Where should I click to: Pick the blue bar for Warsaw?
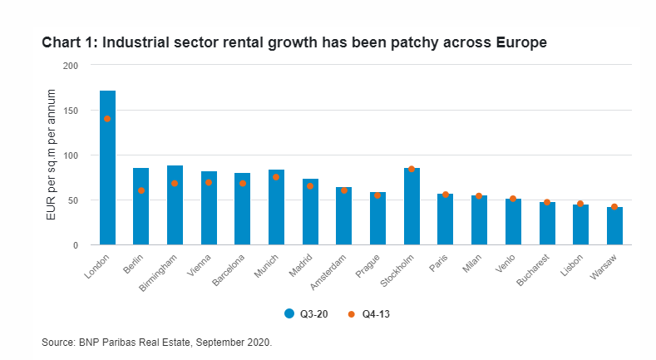tap(614, 226)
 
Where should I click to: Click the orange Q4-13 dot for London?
tap(107, 119)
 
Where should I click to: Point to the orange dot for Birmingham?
tap(175, 183)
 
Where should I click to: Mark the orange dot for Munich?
tap(276, 177)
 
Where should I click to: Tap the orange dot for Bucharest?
tap(547, 202)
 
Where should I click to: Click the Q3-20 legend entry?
tap(303, 313)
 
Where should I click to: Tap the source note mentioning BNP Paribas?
tap(157, 342)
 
